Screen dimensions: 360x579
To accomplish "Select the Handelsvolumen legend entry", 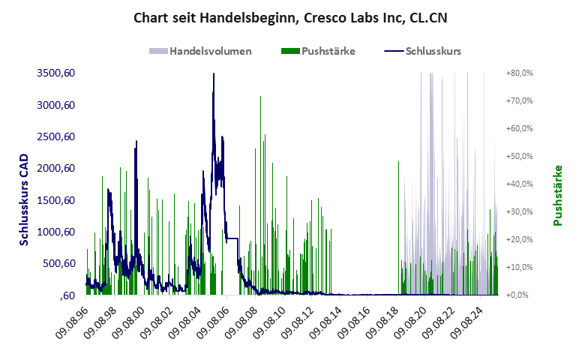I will point(200,51).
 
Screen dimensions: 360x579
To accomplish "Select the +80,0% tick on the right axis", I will point(519,73).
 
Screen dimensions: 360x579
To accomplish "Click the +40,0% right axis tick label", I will point(519,184).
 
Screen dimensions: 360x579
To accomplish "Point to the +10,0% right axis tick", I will point(519,267).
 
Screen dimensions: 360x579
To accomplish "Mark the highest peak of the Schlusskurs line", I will point(214,73).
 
